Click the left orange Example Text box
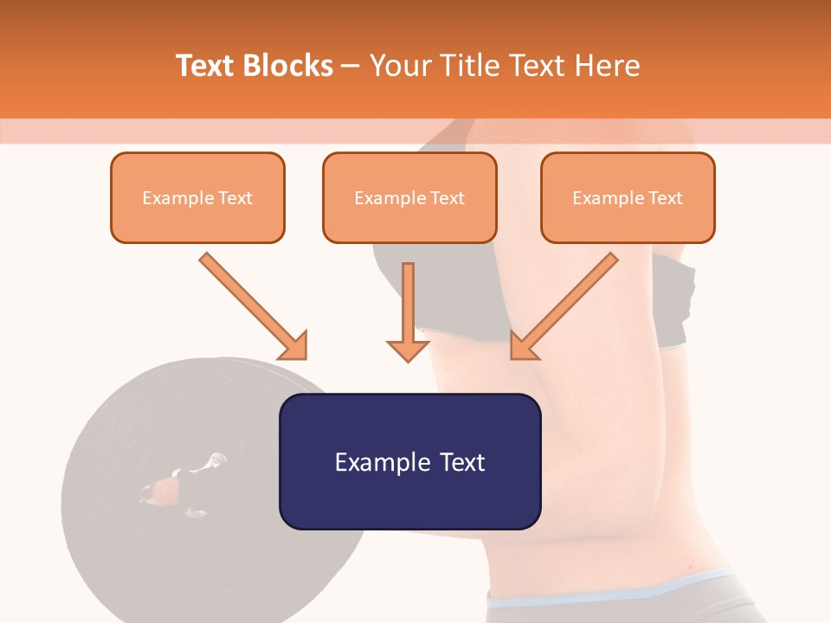pyautogui.click(x=197, y=197)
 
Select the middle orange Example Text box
pyautogui.click(x=409, y=197)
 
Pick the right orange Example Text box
pyautogui.click(x=628, y=197)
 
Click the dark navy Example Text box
pyautogui.click(x=409, y=461)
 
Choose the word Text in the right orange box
pyautogui.click(x=666, y=198)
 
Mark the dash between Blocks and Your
pyautogui.click(x=351, y=67)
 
